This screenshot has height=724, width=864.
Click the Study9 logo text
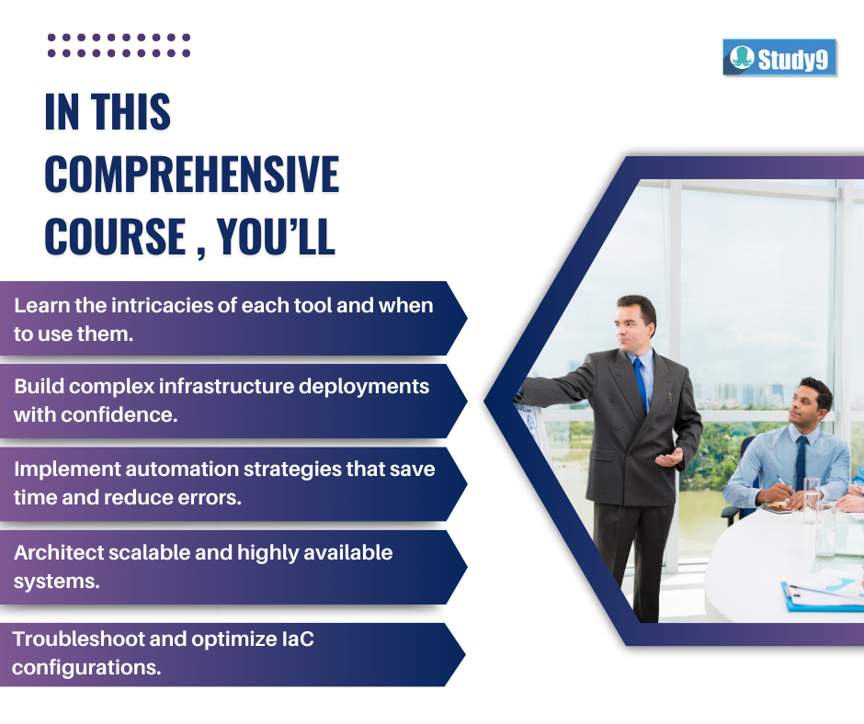coord(792,59)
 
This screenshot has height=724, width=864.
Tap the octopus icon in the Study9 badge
coord(742,57)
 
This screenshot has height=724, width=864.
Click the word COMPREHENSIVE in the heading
coord(192,175)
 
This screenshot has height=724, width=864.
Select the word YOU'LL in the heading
coord(276,236)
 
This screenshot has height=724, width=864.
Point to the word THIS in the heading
coord(131,112)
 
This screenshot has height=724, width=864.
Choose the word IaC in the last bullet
coord(298,639)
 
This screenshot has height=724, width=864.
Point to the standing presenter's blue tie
coord(641,385)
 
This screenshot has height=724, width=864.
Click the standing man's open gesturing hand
coord(669,458)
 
